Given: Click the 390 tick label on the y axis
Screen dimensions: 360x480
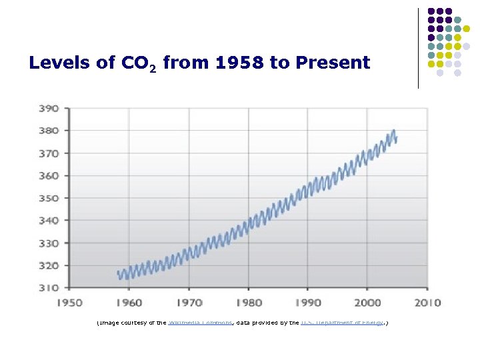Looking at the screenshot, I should pyautogui.click(x=48, y=108).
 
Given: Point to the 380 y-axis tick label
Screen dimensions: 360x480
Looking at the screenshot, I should pyautogui.click(x=48, y=131).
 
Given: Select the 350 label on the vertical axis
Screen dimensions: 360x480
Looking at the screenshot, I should pyautogui.click(x=48, y=198).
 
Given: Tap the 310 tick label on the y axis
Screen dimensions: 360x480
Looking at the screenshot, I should pyautogui.click(x=48, y=287).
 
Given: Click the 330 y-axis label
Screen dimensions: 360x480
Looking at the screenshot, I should pyautogui.click(x=48, y=243).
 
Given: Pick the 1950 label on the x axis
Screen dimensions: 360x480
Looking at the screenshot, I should pyautogui.click(x=69, y=303).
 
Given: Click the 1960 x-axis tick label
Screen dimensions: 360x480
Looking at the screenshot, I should pyautogui.click(x=129, y=303).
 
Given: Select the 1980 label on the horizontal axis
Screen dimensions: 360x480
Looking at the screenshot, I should pyautogui.click(x=248, y=303).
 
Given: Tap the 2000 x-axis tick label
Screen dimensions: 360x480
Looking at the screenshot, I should pyautogui.click(x=367, y=303).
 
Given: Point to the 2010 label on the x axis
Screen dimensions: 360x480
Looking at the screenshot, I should pyautogui.click(x=427, y=303).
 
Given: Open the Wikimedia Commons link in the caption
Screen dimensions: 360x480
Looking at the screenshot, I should pyautogui.click(x=200, y=323).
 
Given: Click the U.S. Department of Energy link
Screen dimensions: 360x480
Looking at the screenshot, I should pyautogui.click(x=341, y=323).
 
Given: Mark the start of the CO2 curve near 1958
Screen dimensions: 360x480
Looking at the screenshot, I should pyautogui.click(x=118, y=273).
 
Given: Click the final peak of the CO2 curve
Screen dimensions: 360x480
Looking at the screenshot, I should pyautogui.click(x=394, y=131).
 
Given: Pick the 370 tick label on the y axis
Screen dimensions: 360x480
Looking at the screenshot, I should pyautogui.click(x=48, y=153).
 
